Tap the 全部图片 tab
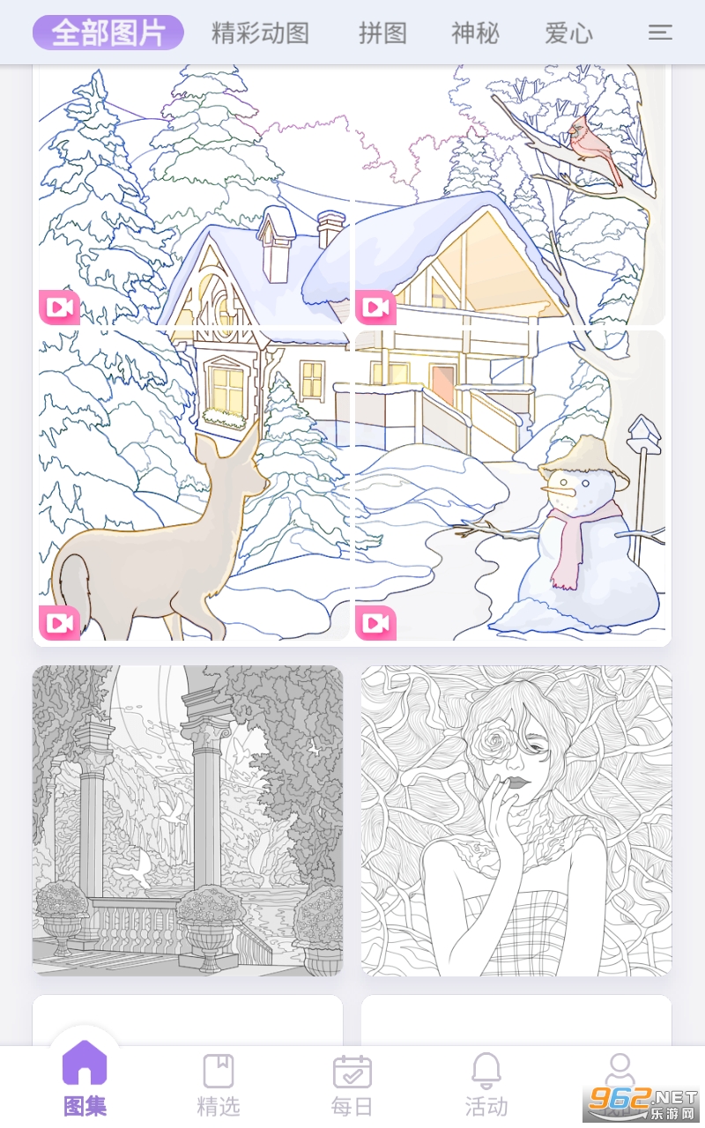click(x=108, y=33)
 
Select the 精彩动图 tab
click(x=260, y=33)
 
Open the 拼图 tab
click(x=382, y=33)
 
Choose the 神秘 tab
click(x=475, y=33)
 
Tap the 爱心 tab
click(x=568, y=33)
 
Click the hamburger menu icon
click(x=660, y=33)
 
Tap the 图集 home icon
click(x=85, y=1063)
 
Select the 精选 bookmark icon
click(x=218, y=1071)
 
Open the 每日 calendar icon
click(x=352, y=1072)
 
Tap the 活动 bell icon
click(x=486, y=1071)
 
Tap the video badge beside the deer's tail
click(x=59, y=623)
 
